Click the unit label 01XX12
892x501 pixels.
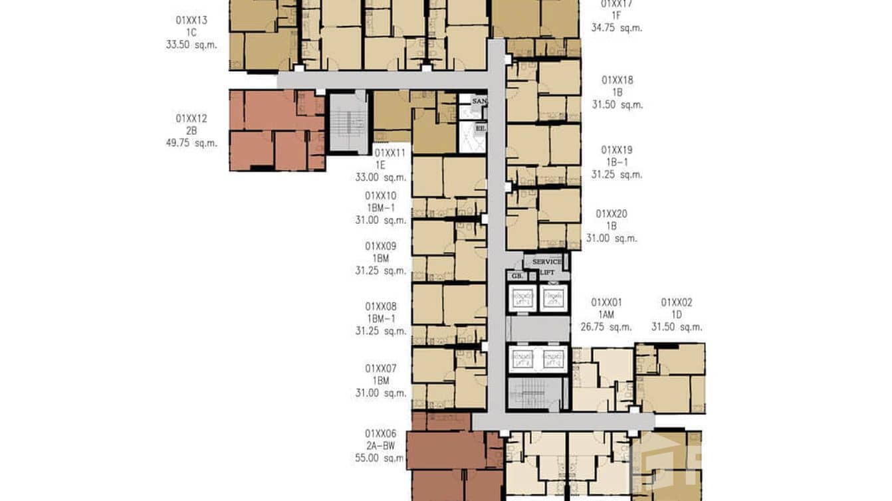[x=191, y=118]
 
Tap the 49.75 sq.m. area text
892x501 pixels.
[x=191, y=143]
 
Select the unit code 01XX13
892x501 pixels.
[x=191, y=21]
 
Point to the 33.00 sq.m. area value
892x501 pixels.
[x=381, y=177]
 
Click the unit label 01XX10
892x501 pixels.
[x=381, y=196]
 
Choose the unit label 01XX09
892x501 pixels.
[x=381, y=246]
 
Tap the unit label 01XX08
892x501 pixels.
[x=381, y=306]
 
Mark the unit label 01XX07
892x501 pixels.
[x=381, y=368]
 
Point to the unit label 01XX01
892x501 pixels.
[x=607, y=302]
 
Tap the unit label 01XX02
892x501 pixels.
[x=677, y=302]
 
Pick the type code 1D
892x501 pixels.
[x=677, y=314]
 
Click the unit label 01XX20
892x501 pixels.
[x=612, y=214]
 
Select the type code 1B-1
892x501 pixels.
[x=617, y=162]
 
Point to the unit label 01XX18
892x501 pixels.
[x=617, y=80]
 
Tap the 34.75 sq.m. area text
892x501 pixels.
[x=617, y=28]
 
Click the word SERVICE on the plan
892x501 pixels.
[x=546, y=262]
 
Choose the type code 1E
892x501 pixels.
[x=381, y=165]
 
